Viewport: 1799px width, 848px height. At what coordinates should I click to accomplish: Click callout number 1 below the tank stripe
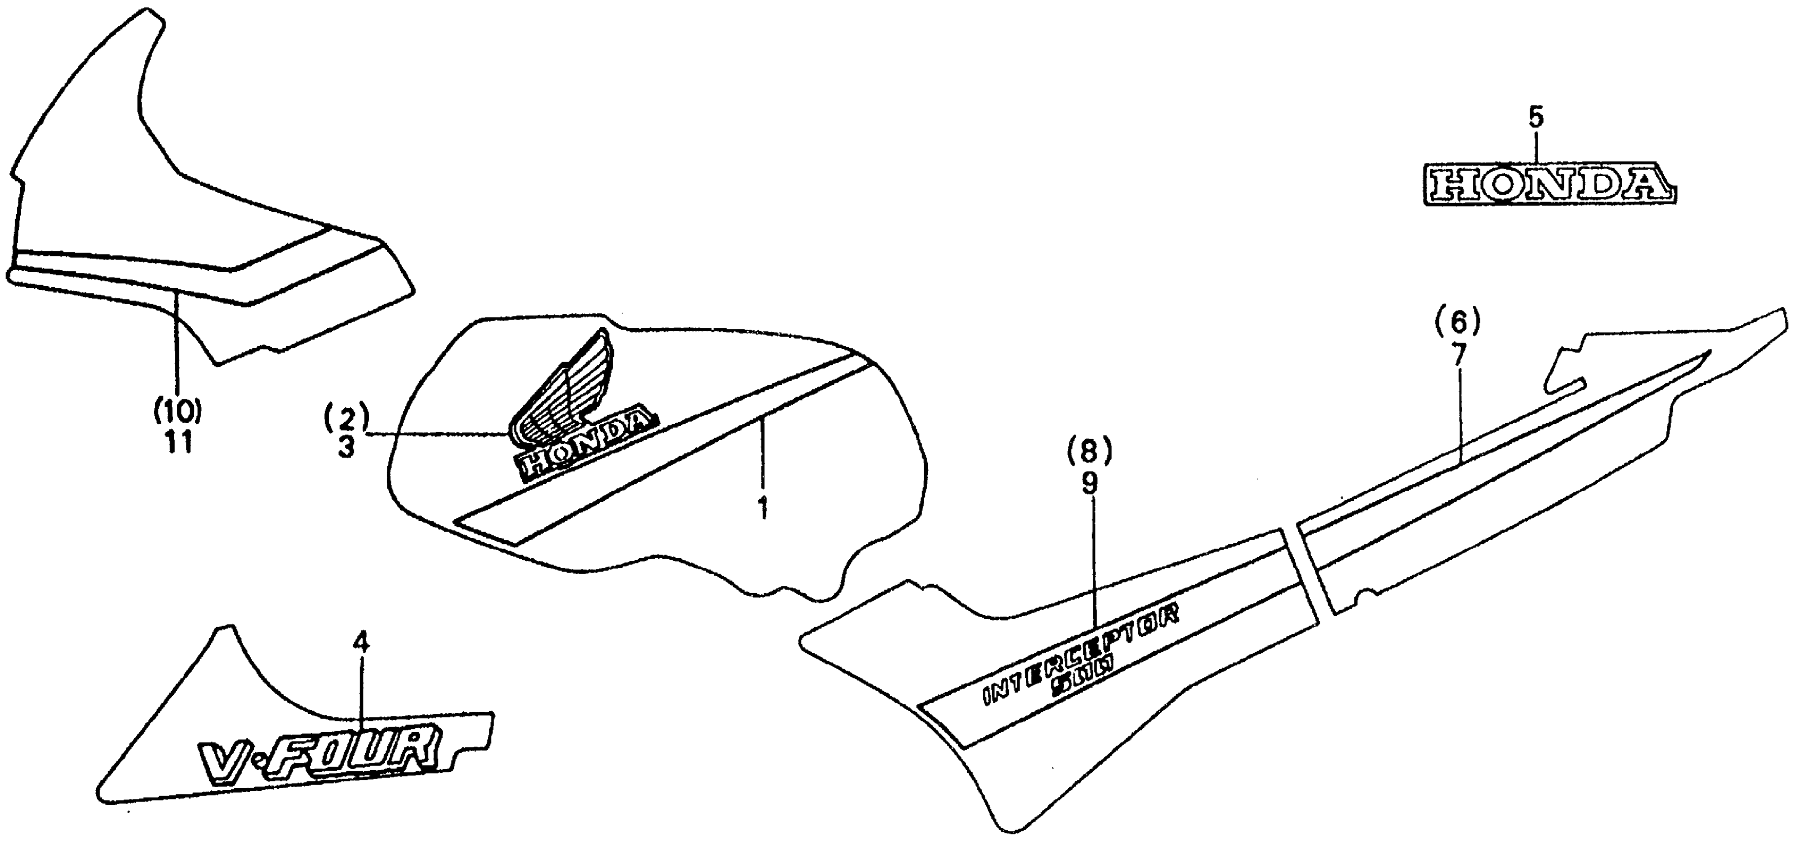point(763,507)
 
